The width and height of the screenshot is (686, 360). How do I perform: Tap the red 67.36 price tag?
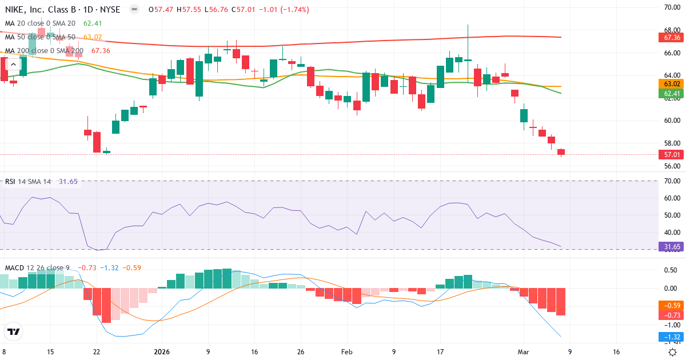tap(669, 37)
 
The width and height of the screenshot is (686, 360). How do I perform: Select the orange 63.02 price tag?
tap(669, 83)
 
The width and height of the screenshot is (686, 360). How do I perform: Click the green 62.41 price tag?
tap(669, 93)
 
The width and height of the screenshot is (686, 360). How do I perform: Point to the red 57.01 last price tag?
tap(669, 154)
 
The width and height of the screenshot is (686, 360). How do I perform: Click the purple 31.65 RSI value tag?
tap(669, 247)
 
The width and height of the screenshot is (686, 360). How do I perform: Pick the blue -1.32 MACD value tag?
tap(669, 337)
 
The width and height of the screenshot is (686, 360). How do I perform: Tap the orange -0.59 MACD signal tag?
tap(669, 305)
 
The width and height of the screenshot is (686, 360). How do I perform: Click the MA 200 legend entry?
tap(44, 50)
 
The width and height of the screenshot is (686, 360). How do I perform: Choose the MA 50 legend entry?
tap(40, 37)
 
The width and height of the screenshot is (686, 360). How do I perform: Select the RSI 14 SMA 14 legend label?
tap(28, 182)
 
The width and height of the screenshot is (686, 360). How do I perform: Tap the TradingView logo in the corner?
tap(14, 331)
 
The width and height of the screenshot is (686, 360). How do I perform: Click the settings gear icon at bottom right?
tap(673, 352)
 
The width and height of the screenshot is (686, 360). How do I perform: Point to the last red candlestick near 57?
tap(561, 152)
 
